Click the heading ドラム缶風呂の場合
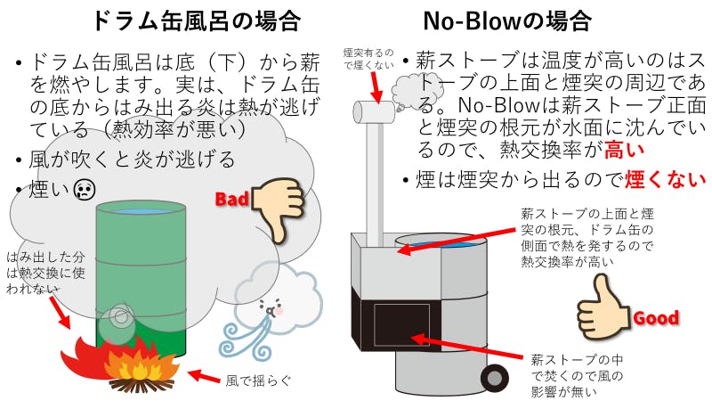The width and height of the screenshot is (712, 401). (x=183, y=20)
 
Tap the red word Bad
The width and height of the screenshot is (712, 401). (x=232, y=199)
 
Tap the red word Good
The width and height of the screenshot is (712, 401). (x=655, y=317)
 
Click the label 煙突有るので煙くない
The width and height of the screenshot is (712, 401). (x=367, y=60)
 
